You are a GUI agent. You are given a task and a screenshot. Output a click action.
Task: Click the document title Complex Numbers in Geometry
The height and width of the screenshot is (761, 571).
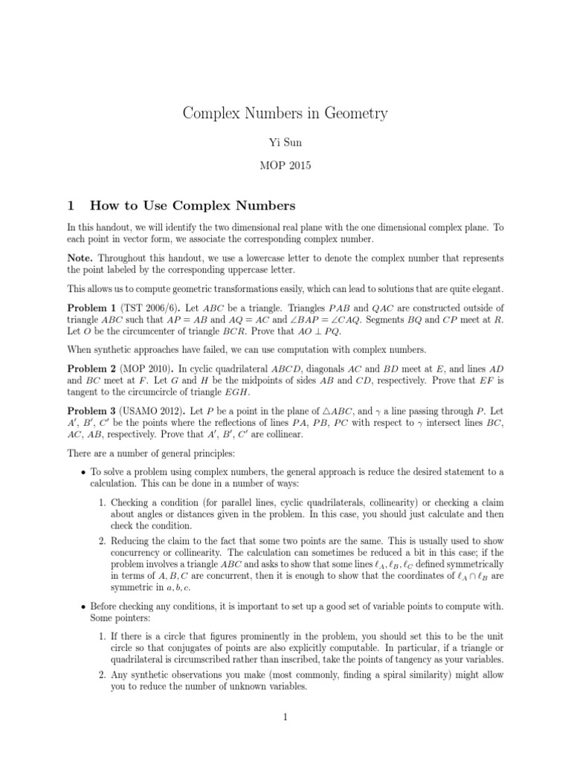285,114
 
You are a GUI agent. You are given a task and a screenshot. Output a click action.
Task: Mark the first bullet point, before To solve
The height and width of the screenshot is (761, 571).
83,472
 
